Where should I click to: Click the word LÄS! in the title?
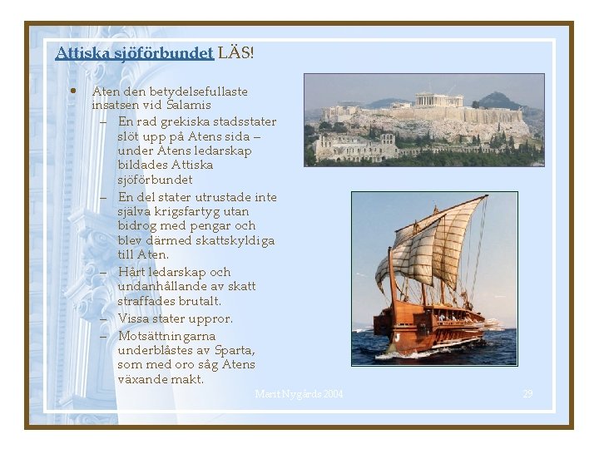(x=235, y=53)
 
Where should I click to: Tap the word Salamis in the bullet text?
(x=188, y=106)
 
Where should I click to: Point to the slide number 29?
(x=527, y=393)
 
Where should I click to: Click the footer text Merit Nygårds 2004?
(x=299, y=393)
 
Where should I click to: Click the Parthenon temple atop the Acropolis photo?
(x=438, y=100)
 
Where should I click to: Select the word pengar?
(x=211, y=226)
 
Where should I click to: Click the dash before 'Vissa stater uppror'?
(x=106, y=318)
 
